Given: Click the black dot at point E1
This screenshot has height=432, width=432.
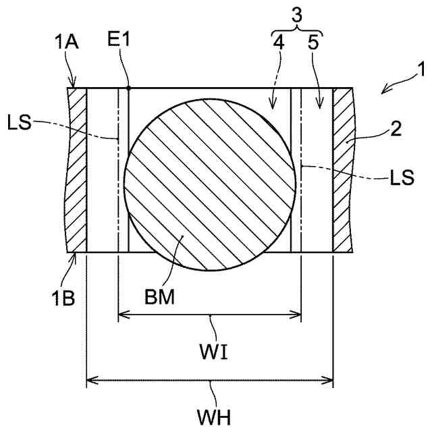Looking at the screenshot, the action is [129, 88].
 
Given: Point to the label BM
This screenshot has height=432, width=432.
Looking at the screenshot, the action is [160, 296].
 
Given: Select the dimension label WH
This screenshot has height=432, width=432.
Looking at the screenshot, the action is [212, 415].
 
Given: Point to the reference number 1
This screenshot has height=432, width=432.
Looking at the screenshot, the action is [420, 70].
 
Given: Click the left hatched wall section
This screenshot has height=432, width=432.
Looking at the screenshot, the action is [77, 169].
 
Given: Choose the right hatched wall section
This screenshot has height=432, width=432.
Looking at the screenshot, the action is [343, 169].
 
